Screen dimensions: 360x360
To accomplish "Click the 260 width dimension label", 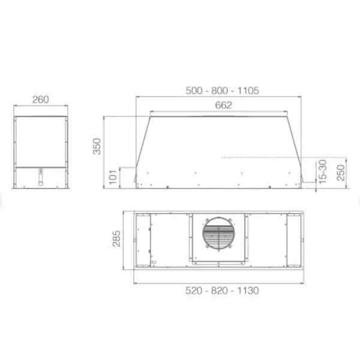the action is click(x=40, y=100).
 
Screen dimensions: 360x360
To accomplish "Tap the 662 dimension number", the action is click(x=223, y=105).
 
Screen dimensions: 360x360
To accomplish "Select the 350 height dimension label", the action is click(x=97, y=146).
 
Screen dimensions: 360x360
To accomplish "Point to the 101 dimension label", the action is click(x=113, y=177).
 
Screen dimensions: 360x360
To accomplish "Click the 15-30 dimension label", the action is click(x=323, y=172).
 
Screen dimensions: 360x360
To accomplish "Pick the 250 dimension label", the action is click(x=341, y=173).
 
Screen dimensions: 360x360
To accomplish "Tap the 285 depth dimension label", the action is click(x=116, y=239).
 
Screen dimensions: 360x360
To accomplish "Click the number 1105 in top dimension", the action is click(x=248, y=91).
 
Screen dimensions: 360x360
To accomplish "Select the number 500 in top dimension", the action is click(x=194, y=91).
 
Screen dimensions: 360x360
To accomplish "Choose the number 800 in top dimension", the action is click(x=220, y=91).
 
